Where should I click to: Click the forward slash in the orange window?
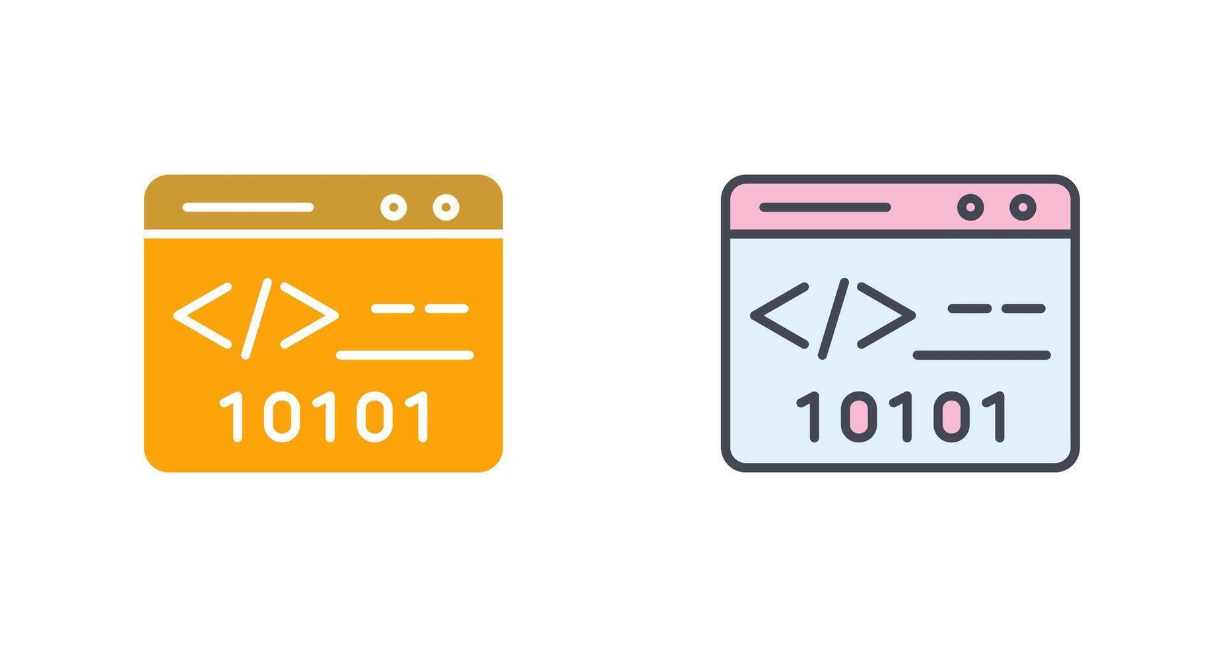pyautogui.click(x=256, y=318)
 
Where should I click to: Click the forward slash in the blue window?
pyautogui.click(x=833, y=318)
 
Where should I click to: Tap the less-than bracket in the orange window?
pyautogui.click(x=203, y=316)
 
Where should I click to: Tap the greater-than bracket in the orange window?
pyautogui.click(x=310, y=316)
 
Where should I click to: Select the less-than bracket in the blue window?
pyautogui.click(x=780, y=316)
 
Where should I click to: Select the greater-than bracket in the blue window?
pyautogui.click(x=887, y=316)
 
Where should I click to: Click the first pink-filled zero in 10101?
pyautogui.click(x=859, y=417)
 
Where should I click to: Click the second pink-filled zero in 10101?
pyautogui.click(x=951, y=417)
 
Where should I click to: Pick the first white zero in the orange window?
pyautogui.click(x=282, y=417)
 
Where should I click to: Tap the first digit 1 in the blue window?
pyautogui.click(x=809, y=417)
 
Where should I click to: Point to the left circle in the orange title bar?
pyautogui.click(x=393, y=207)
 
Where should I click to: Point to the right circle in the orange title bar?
pyautogui.click(x=446, y=207)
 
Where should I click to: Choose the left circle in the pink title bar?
pyautogui.click(x=970, y=207)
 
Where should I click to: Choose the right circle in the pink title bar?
pyautogui.click(x=1023, y=207)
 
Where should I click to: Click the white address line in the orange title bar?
pyautogui.click(x=248, y=207)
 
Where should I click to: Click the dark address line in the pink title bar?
pyautogui.click(x=825, y=207)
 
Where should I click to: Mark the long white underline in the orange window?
pyautogui.click(x=405, y=355)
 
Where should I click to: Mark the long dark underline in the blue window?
pyautogui.click(x=982, y=355)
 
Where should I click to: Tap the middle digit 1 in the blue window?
pyautogui.click(x=904, y=417)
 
